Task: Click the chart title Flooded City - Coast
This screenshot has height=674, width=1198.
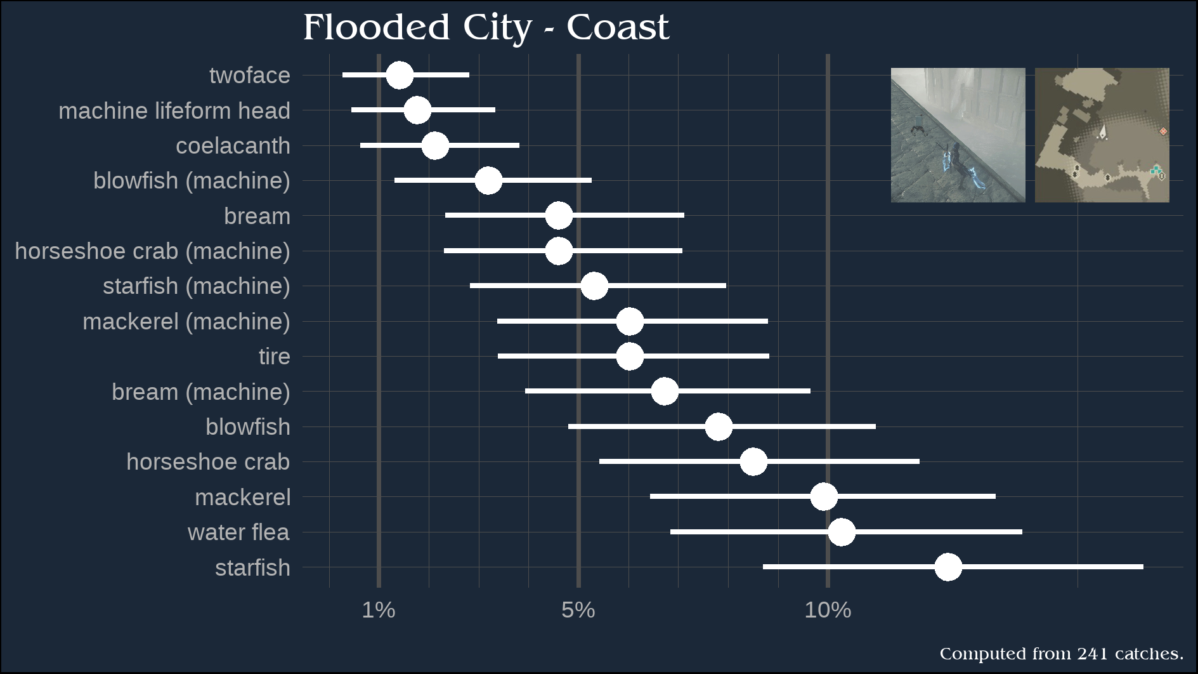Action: click(486, 28)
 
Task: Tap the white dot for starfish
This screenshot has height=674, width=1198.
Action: click(948, 567)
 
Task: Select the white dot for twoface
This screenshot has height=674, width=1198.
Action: click(400, 75)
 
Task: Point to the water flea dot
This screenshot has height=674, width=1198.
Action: click(842, 532)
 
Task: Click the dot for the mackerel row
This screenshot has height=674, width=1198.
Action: click(824, 496)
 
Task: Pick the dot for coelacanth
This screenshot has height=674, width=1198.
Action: click(435, 145)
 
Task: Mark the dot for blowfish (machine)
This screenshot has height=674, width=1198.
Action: click(488, 180)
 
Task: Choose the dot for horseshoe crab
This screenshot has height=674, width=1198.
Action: click(753, 461)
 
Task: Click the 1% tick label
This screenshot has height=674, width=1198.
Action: click(379, 611)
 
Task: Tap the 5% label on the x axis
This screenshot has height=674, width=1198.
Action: click(578, 611)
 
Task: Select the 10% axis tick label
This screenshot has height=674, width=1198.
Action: click(828, 611)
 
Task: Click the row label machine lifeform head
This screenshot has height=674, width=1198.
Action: click(174, 110)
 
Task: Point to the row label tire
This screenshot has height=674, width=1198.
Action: click(274, 357)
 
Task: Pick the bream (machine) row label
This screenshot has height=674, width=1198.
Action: click(200, 392)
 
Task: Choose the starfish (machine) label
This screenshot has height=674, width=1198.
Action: click(196, 286)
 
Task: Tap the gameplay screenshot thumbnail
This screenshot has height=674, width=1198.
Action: click(958, 135)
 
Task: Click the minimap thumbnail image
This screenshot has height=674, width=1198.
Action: click(1102, 135)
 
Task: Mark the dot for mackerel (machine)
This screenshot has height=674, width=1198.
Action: click(630, 321)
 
